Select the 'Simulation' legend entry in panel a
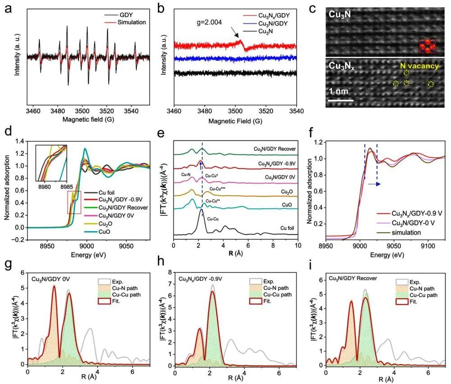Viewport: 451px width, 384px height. [133, 21]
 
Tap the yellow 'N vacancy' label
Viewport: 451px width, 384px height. [419, 66]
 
